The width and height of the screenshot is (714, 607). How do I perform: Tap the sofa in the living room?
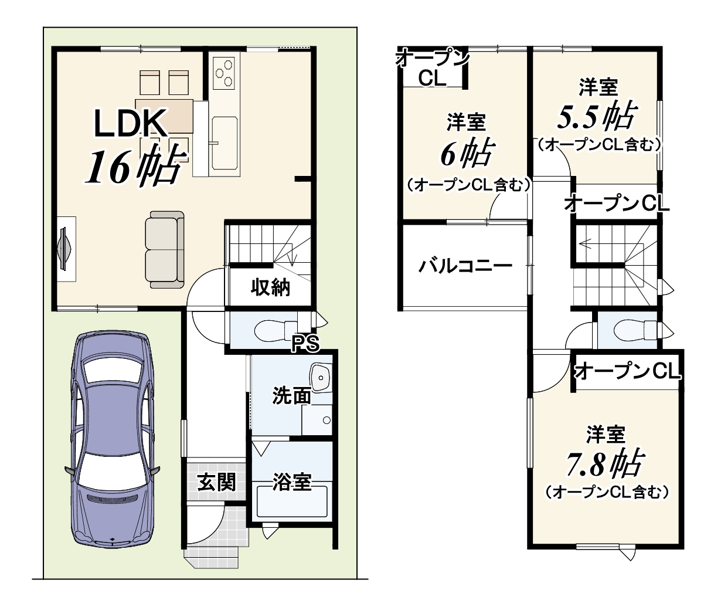164,250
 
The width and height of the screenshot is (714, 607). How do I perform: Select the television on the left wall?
64,249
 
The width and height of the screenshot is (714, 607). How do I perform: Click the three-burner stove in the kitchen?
223,73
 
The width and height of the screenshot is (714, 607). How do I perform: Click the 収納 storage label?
270,287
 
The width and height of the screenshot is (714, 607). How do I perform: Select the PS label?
305,344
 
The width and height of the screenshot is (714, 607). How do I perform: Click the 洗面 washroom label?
292,396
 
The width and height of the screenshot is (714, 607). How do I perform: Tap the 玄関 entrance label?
217,482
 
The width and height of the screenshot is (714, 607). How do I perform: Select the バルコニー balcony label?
465,267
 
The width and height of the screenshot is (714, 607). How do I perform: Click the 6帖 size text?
467,153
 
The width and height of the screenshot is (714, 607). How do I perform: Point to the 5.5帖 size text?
597,116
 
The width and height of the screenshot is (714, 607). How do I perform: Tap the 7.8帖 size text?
604,463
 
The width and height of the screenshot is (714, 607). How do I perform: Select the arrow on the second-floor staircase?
611,245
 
